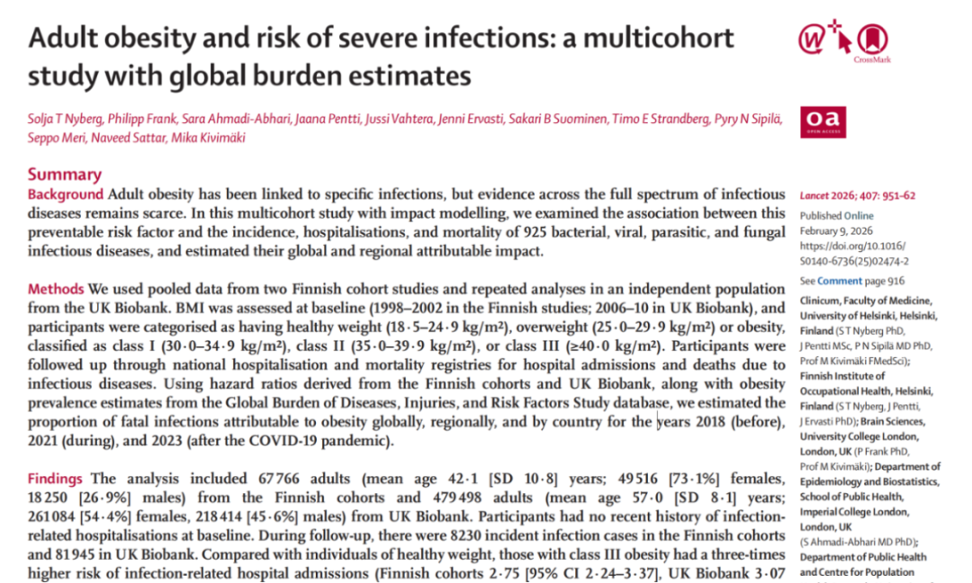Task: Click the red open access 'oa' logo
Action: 822,122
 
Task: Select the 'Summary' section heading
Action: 65,175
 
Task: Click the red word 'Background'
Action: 66,194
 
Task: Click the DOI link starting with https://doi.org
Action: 853,254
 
